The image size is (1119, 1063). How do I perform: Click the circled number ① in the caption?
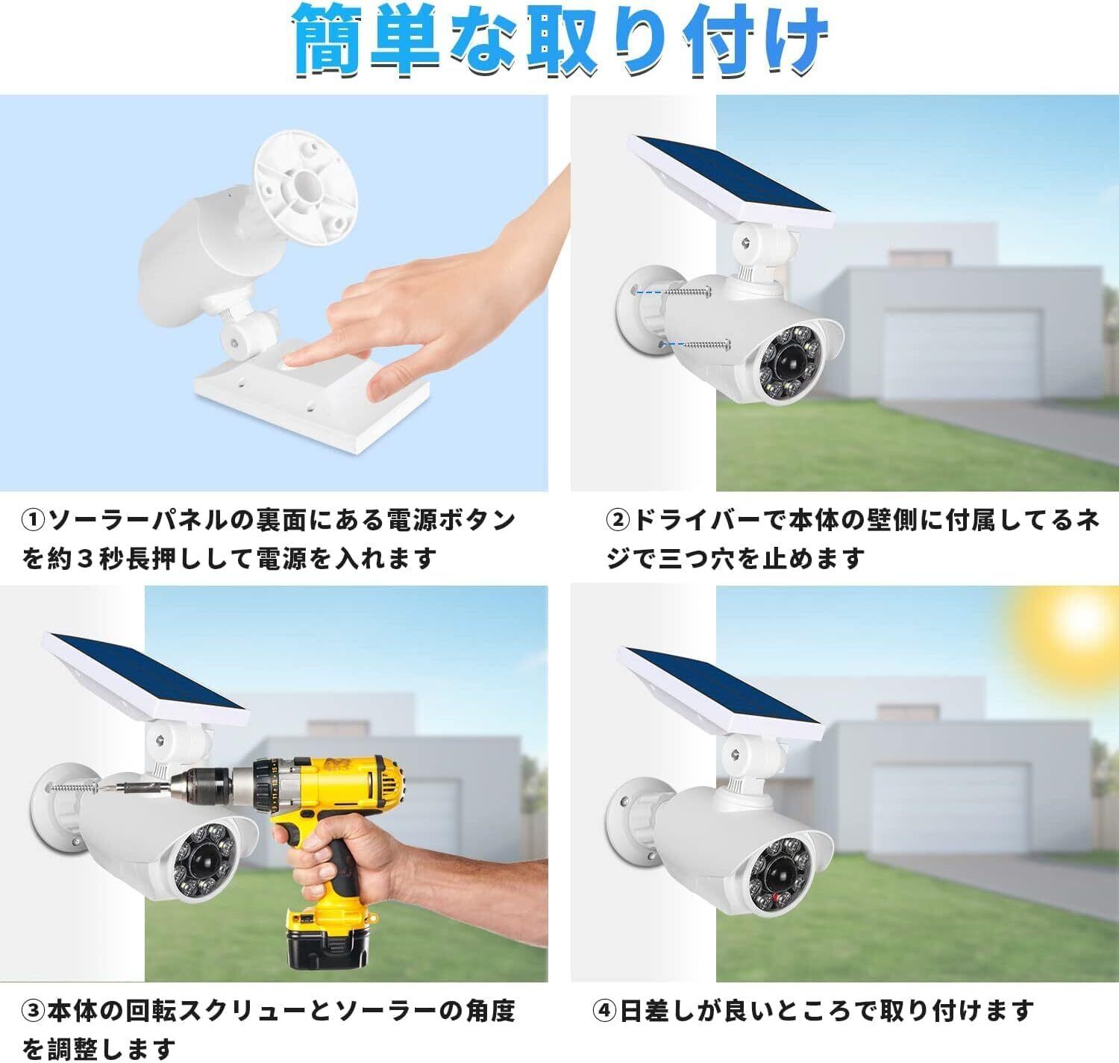(33, 521)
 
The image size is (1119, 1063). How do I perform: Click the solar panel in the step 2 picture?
(731, 179)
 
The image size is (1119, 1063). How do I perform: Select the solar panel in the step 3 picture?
(145, 677)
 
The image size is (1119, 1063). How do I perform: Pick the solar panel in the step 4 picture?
(720, 692)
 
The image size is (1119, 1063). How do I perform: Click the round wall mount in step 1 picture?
(306, 188)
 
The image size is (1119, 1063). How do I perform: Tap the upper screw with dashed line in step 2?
(671, 292)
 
